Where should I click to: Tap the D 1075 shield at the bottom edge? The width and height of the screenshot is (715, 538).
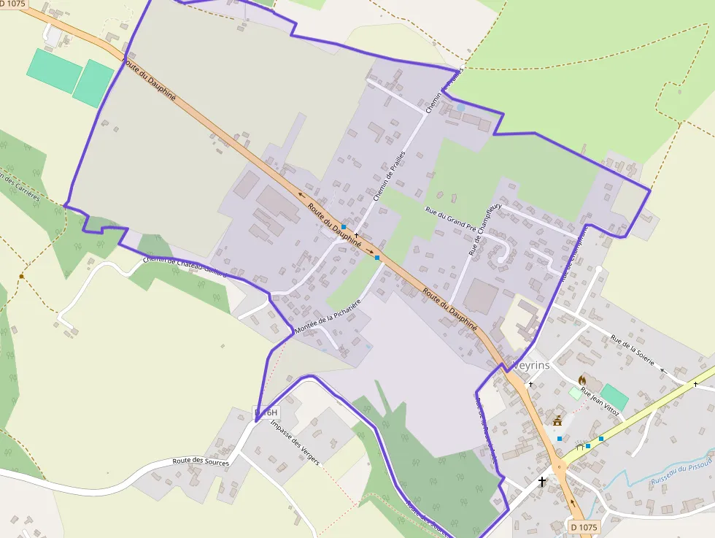click(x=583, y=527)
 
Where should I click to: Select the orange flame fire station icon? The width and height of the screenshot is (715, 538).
click(x=581, y=380)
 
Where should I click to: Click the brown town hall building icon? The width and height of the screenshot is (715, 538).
click(x=558, y=420)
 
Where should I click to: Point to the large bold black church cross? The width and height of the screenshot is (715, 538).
click(x=542, y=481)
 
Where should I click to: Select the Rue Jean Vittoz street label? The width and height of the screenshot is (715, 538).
click(x=600, y=402)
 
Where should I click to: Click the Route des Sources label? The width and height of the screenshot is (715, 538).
click(x=201, y=461)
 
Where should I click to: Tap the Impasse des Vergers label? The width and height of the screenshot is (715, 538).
click(x=294, y=442)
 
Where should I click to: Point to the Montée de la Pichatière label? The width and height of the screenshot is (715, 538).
click(x=328, y=317)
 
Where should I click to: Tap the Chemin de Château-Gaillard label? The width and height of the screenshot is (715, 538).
click(x=185, y=266)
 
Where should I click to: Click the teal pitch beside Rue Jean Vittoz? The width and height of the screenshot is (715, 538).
click(x=614, y=397)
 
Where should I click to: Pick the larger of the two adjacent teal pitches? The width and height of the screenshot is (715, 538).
click(x=55, y=71)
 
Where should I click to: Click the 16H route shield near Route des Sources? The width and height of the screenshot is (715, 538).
click(x=267, y=413)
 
